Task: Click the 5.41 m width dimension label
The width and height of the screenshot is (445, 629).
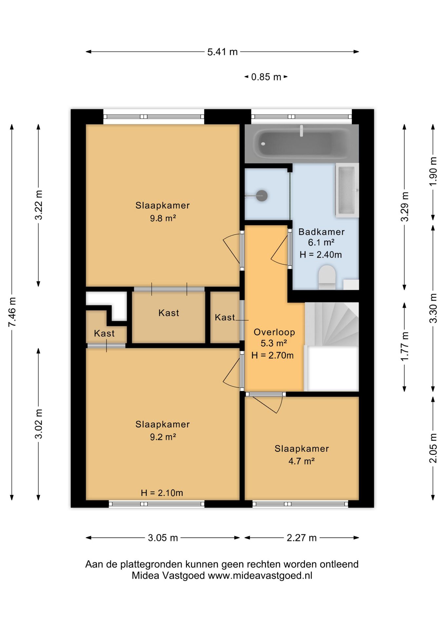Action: tap(222, 52)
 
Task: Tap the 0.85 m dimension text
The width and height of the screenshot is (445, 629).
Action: tap(266, 77)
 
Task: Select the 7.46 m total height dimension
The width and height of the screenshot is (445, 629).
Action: tap(12, 312)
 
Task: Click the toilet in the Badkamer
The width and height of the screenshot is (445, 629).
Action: tap(327, 277)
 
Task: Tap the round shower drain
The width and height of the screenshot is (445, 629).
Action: tap(262, 196)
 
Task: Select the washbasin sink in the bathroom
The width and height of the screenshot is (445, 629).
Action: tap(347, 190)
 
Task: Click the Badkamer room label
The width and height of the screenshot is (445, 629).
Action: tap(321, 232)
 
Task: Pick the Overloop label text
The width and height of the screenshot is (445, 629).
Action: tap(274, 332)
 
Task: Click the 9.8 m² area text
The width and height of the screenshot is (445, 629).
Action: tap(163, 218)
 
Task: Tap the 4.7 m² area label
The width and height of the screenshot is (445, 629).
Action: tap(301, 461)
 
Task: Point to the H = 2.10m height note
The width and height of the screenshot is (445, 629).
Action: tap(162, 493)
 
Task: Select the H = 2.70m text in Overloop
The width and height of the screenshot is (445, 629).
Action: tap(272, 355)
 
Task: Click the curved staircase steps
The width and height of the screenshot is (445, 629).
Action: tap(332, 324)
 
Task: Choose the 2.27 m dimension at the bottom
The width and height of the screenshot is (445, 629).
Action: tap(301, 538)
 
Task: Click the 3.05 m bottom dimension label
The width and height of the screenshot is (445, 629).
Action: tap(163, 538)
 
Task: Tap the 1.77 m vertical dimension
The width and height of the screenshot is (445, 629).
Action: tap(405, 346)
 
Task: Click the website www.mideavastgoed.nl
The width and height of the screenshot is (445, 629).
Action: tap(260, 576)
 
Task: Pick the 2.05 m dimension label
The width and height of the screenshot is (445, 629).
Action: tap(433, 448)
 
